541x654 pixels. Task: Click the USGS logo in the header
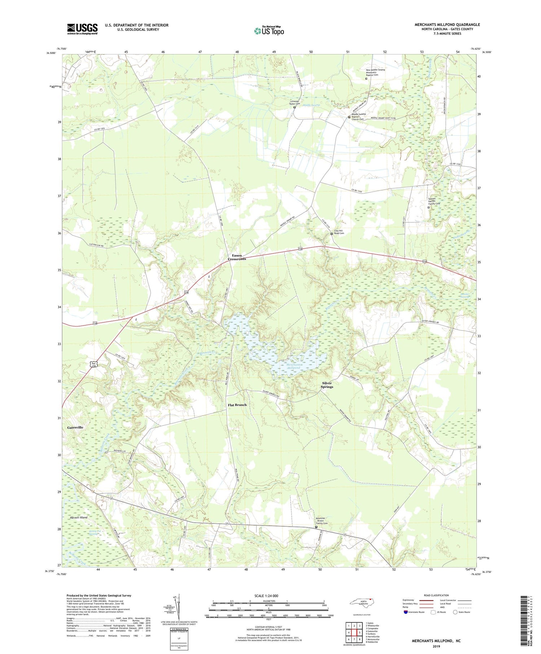pyautogui.click(x=82, y=29)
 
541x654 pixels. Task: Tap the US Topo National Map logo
pyautogui.click(x=269, y=31)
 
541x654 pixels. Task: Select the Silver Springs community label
pyautogui.click(x=327, y=385)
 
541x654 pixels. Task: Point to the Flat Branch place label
pyautogui.click(x=237, y=405)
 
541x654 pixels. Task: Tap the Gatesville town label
pyautogui.click(x=75, y=427)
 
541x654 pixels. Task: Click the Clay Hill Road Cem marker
pyautogui.click(x=332, y=234)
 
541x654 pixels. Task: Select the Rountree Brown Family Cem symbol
pyautogui.click(x=316, y=527)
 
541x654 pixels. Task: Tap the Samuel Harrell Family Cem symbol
pyautogui.click(x=428, y=207)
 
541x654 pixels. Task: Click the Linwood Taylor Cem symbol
pyautogui.click(x=294, y=107)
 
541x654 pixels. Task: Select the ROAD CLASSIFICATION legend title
pyautogui.click(x=436, y=595)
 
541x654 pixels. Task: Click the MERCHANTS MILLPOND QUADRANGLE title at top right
pyautogui.click(x=447, y=25)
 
